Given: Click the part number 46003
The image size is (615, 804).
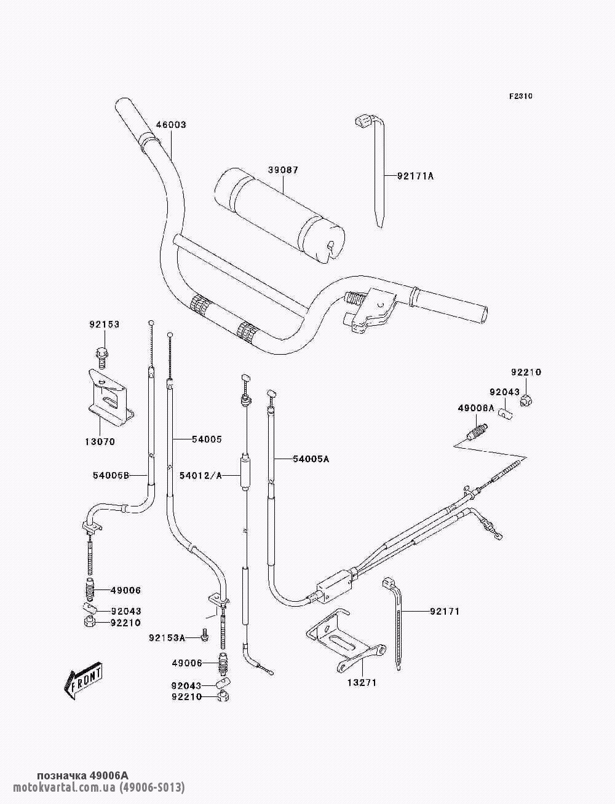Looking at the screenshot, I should pyautogui.click(x=170, y=125).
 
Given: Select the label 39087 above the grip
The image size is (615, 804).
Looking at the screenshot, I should pyautogui.click(x=282, y=170).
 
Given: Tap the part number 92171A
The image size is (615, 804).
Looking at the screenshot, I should pyautogui.click(x=415, y=176).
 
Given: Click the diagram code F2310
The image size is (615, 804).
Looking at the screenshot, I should pyautogui.click(x=520, y=97).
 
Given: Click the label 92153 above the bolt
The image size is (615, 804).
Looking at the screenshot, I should pyautogui.click(x=104, y=324).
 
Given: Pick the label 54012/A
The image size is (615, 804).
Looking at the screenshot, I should pyautogui.click(x=200, y=475).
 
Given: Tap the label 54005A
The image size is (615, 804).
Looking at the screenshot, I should pyautogui.click(x=311, y=459).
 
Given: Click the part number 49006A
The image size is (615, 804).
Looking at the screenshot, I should pyautogui.click(x=475, y=408).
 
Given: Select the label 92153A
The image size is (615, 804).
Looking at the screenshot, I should pyautogui.click(x=167, y=638).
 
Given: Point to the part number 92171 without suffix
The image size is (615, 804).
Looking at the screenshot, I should pyautogui.click(x=445, y=612).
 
